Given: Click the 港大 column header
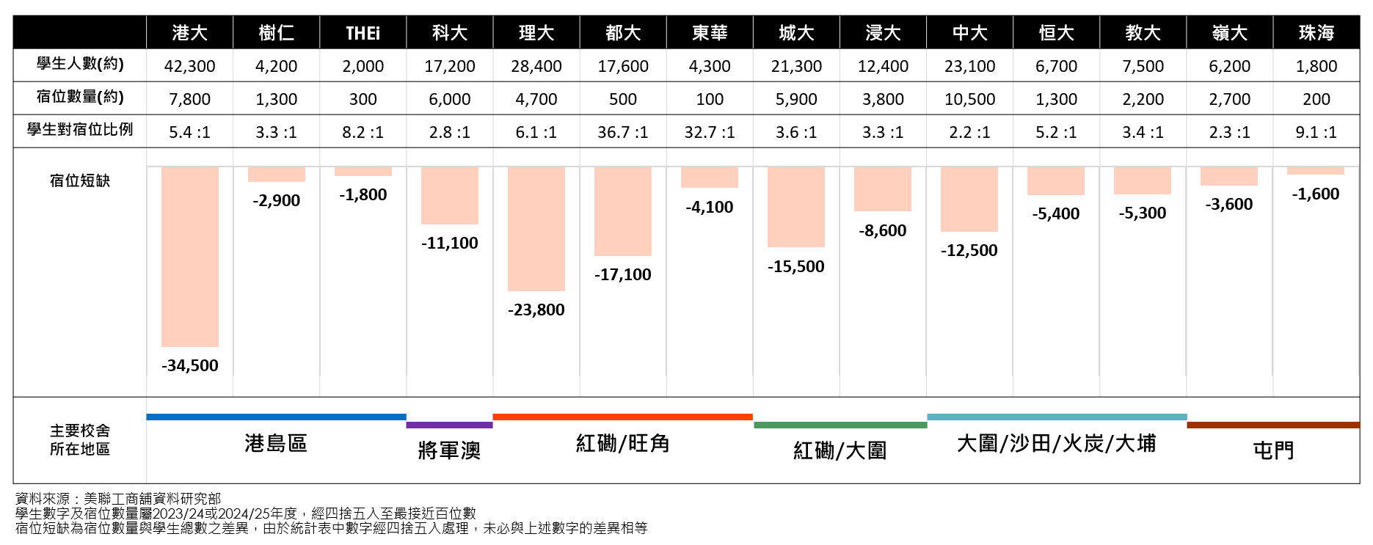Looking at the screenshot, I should tap(189, 33).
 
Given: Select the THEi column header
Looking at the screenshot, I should tap(363, 33).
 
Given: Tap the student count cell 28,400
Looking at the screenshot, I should tap(536, 66).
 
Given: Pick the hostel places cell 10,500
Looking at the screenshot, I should tap(969, 99).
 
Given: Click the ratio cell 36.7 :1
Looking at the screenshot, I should tap(622, 132).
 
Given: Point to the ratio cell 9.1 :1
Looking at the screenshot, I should tap(1316, 132).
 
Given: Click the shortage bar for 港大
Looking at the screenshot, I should tap(189, 256).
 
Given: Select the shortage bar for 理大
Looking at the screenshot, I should tap(536, 228).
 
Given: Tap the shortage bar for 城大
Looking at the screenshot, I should tap(796, 206).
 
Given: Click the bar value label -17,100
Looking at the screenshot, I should tap(622, 274).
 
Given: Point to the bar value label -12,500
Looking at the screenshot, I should tap(969, 250).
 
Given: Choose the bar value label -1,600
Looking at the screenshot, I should tap(1316, 194).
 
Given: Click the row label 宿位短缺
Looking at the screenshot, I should tap(79, 180).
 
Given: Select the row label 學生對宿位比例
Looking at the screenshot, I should tap(79, 130).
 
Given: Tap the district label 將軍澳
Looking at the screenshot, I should tap(449, 450).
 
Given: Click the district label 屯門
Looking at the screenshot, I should tap(1273, 450).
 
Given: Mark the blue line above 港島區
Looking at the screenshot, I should tap(276, 417).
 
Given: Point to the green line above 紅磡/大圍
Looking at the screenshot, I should tap(840, 425).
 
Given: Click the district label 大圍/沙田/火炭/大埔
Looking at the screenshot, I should tap(1056, 443).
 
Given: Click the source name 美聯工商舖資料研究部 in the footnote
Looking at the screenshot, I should tap(153, 499).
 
